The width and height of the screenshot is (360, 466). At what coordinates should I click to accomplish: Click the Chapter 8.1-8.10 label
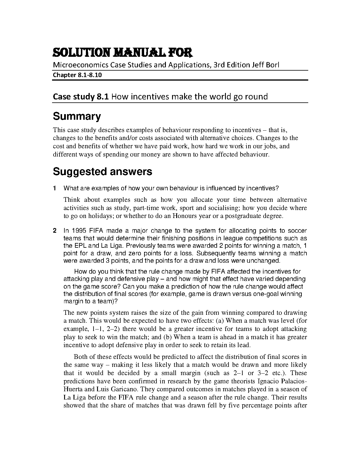pyautogui.click(x=77, y=75)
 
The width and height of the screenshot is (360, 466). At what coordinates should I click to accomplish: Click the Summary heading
pyautogui.click(x=77, y=116)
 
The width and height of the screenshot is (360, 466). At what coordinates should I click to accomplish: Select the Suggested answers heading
pyautogui.click(x=102, y=172)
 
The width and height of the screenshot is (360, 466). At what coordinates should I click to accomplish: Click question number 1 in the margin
pyautogui.click(x=55, y=188)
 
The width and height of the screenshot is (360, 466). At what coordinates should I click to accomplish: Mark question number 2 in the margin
pyautogui.click(x=55, y=231)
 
